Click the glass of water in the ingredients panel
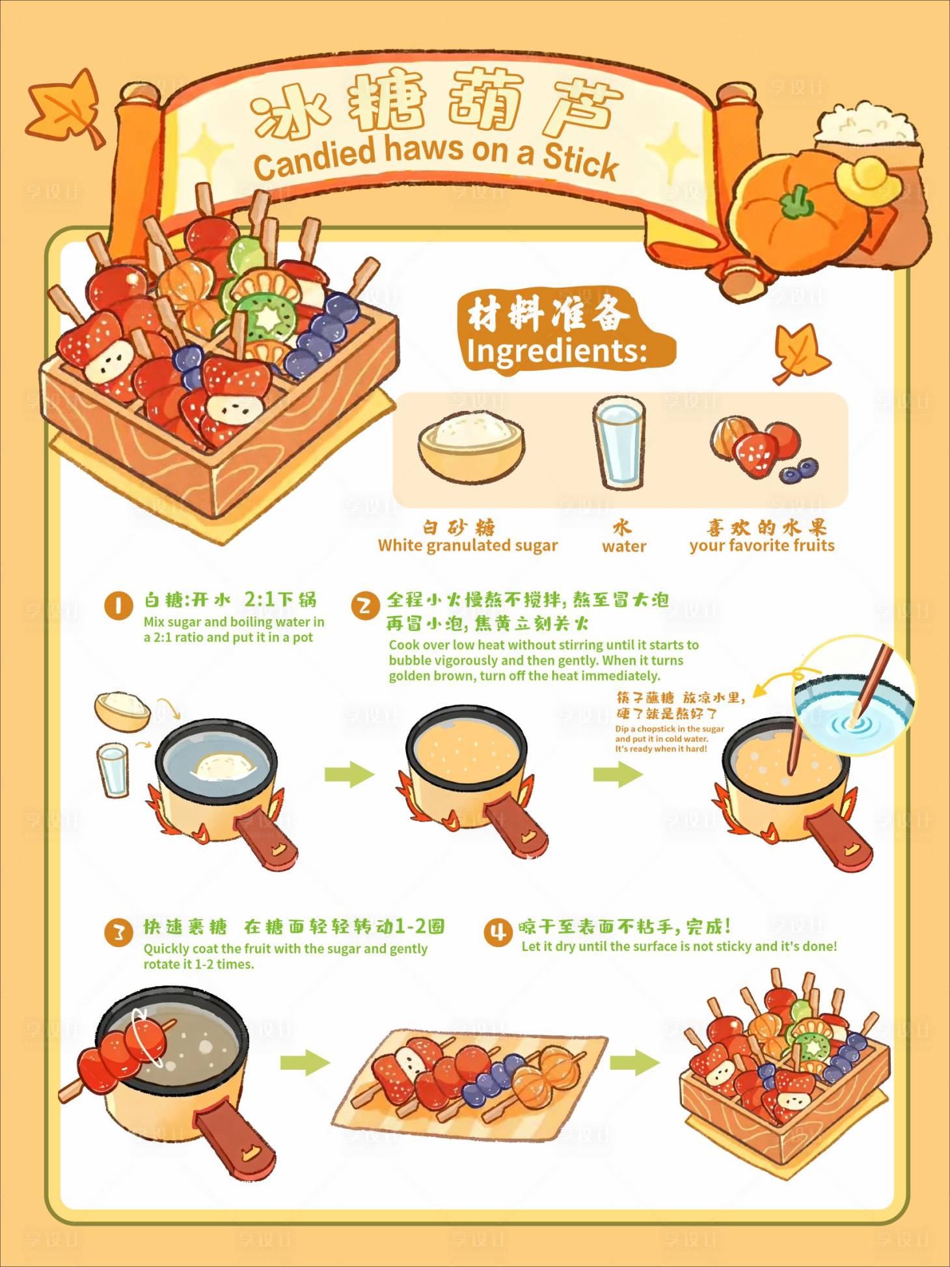619,442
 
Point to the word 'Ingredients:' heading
557,352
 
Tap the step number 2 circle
365,606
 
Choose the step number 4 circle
498,932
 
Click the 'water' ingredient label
624,546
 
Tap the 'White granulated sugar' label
468,546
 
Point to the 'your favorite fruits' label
762,546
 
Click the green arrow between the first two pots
349,774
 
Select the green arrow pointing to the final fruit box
634,1063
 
